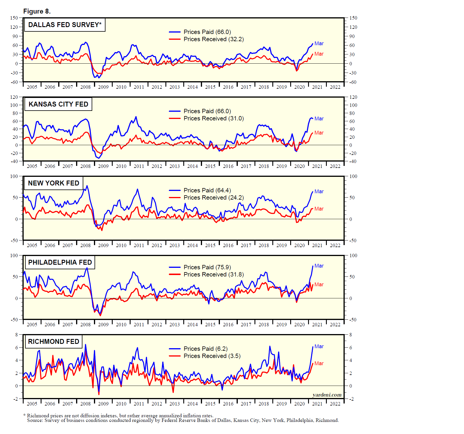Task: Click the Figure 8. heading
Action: [37, 12]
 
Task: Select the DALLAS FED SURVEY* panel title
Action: [65, 25]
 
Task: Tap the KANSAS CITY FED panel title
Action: [58, 104]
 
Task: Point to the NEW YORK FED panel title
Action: [54, 183]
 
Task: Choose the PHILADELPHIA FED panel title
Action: [60, 262]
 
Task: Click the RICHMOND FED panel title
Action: [54, 342]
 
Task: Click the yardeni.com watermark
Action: [327, 395]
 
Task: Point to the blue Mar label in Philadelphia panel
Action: [319, 266]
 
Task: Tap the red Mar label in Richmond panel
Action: [319, 363]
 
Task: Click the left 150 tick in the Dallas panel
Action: [14, 18]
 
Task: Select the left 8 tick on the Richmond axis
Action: [16, 335]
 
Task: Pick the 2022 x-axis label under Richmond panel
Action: [335, 404]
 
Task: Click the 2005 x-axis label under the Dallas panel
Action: [32, 87]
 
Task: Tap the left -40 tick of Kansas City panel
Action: [14, 161]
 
